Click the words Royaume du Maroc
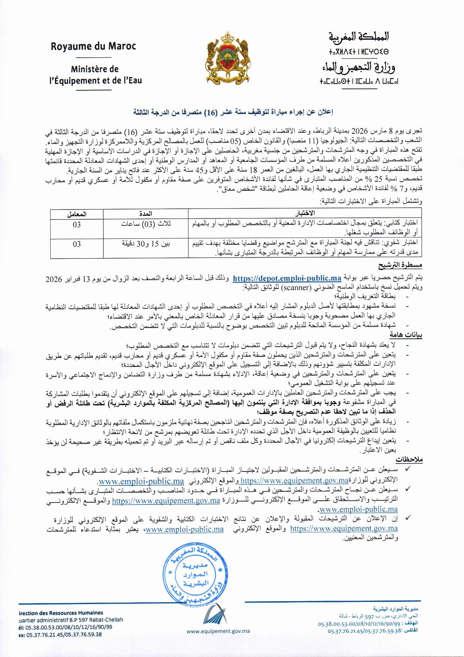93,46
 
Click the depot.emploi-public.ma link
287,278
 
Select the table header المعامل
77,214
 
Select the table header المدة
145,214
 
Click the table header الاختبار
305,214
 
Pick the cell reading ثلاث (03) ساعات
146,224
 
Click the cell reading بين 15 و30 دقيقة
146,244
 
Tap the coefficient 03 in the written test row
77,224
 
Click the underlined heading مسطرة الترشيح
400,265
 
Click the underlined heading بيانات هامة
406,335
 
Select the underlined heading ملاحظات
409,459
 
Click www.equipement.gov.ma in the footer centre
218,631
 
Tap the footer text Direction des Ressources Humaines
61,613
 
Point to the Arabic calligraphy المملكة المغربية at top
358,37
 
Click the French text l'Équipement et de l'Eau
96,81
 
